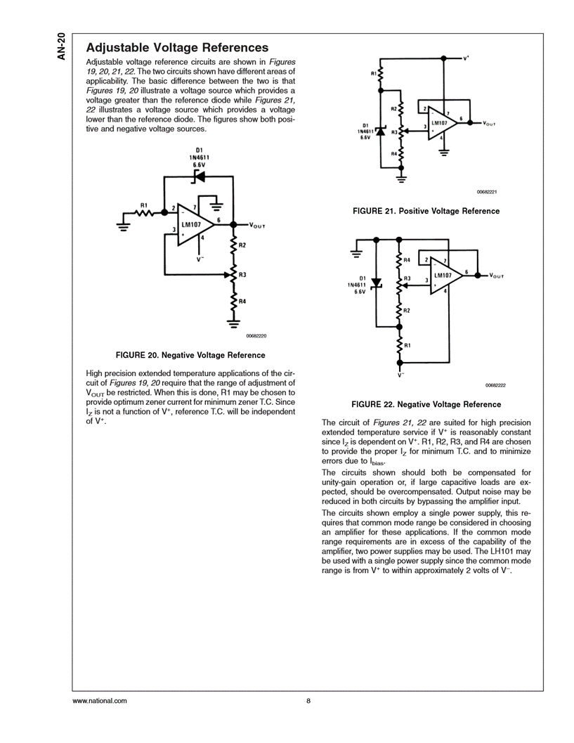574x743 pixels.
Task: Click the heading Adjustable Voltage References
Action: (x=176, y=48)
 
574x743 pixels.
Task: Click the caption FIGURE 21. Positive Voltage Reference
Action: (x=426, y=211)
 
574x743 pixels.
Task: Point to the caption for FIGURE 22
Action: (x=426, y=404)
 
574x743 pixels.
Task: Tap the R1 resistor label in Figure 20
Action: (x=143, y=205)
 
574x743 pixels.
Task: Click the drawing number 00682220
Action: (x=257, y=336)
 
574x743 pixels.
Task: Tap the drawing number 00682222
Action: (x=495, y=385)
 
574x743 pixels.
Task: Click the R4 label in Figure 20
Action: (x=242, y=302)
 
